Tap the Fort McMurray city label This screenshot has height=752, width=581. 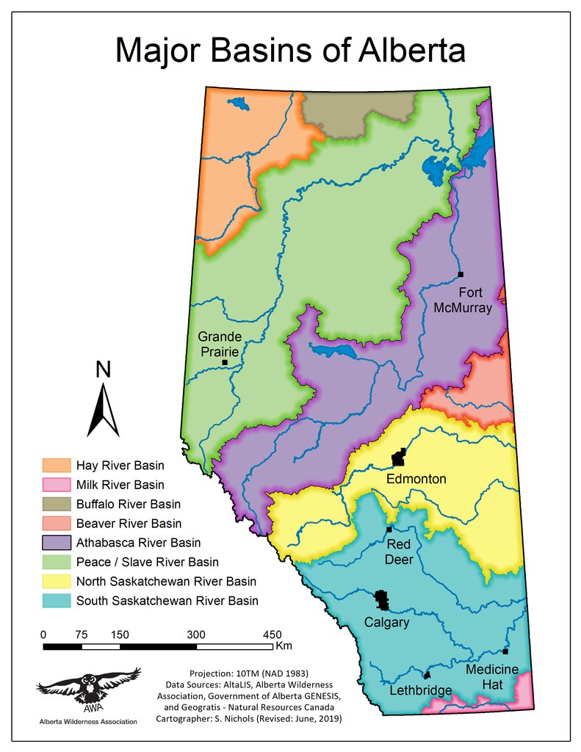tap(462, 300)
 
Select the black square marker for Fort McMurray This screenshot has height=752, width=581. tap(461, 275)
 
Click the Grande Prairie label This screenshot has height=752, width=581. tap(220, 344)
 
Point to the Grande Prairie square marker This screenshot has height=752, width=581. tap(225, 363)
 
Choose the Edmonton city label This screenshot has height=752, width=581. tap(417, 479)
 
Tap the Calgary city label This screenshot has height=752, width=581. tap(386, 623)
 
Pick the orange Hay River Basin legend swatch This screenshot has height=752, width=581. tap(57, 466)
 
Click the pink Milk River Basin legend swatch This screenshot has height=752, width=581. tap(57, 485)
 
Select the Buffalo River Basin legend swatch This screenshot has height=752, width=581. tap(57, 505)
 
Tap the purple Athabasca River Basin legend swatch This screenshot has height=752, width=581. tap(57, 543)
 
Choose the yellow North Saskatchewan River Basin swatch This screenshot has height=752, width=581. tap(57, 582)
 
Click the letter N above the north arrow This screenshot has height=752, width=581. tap(104, 370)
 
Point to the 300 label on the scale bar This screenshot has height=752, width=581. tap(196, 634)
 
